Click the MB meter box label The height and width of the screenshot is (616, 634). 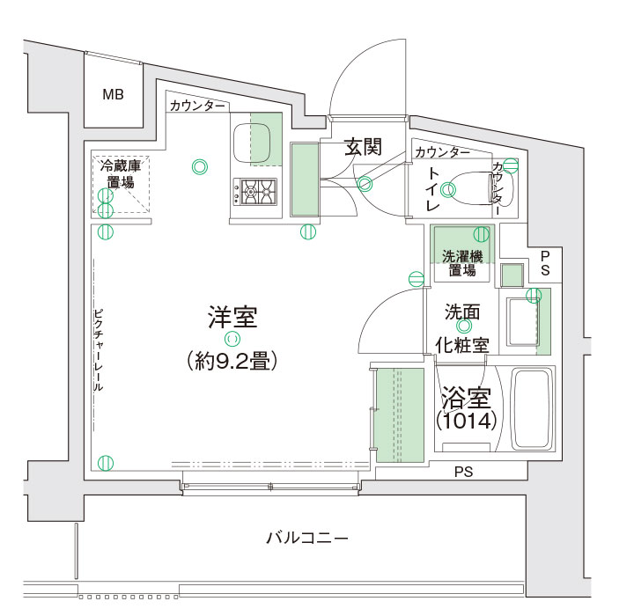pyautogui.click(x=113, y=94)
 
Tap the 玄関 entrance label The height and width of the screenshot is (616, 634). pyautogui.click(x=363, y=146)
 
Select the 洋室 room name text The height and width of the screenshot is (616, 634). pyautogui.click(x=232, y=317)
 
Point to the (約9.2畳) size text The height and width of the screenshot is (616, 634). pyautogui.click(x=232, y=361)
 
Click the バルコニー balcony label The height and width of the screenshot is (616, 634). pyautogui.click(x=307, y=538)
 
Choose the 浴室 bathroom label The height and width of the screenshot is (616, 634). pyautogui.click(x=466, y=398)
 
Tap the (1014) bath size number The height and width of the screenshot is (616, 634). pyautogui.click(x=466, y=421)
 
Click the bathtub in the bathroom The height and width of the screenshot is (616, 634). pyautogui.click(x=531, y=408)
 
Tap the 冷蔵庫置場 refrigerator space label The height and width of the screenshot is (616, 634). pyautogui.click(x=120, y=174)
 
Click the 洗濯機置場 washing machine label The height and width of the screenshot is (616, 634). pyautogui.click(x=462, y=263)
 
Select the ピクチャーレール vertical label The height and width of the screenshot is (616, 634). pyautogui.click(x=98, y=350)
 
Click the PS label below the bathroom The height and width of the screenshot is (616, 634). pyautogui.click(x=463, y=472)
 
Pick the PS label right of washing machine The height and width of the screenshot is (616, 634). pyautogui.click(x=545, y=263)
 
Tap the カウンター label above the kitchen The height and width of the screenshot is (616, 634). pyautogui.click(x=197, y=106)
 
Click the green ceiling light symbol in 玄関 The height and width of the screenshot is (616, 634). pyautogui.click(x=365, y=184)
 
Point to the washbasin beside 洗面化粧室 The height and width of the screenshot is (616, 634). pyautogui.click(x=522, y=321)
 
